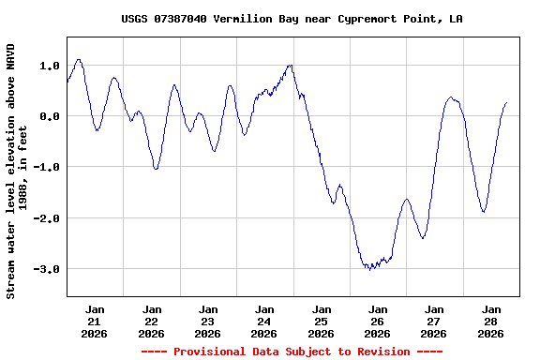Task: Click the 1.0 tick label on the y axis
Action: (x=50, y=66)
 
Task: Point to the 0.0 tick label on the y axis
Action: (x=50, y=116)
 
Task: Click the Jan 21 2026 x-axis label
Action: (x=95, y=321)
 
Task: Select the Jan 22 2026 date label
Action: (x=151, y=321)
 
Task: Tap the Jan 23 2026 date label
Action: (x=207, y=321)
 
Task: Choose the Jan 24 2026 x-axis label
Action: (x=264, y=321)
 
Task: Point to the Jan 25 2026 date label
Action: (x=321, y=321)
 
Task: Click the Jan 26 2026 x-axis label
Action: (x=377, y=321)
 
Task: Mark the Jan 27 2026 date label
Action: (x=434, y=321)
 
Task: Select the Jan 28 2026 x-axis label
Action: (x=490, y=321)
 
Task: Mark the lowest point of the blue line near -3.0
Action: (x=371, y=270)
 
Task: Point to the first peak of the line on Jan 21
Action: (x=79, y=59)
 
